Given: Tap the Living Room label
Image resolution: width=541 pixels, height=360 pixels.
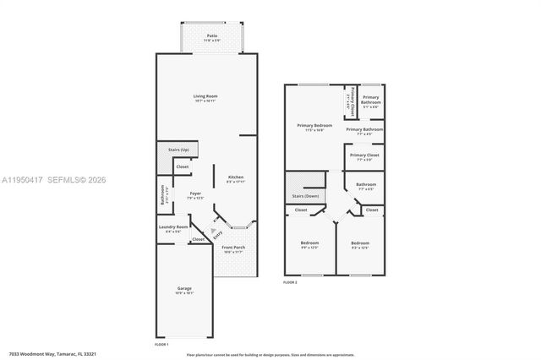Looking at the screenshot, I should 205,98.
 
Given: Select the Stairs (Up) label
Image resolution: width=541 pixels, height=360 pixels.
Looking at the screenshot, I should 178,150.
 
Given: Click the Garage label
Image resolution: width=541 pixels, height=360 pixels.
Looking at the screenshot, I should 184,291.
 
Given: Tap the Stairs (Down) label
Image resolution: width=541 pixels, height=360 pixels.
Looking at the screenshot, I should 305,196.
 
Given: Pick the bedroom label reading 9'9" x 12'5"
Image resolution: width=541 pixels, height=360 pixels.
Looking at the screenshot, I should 309,245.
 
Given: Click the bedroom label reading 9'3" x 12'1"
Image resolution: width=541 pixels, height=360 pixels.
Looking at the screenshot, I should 360,245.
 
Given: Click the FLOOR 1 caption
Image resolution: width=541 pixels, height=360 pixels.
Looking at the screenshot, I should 161,344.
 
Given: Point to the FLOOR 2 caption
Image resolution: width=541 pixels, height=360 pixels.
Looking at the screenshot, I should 290,282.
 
